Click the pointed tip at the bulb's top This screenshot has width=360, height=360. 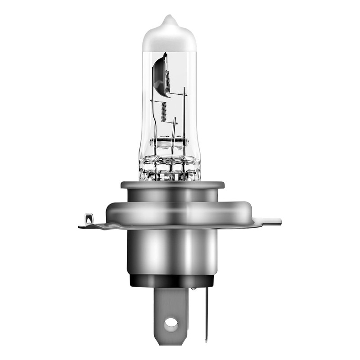[169, 18]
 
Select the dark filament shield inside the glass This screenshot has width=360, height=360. [160, 74]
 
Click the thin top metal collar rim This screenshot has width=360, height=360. [172, 185]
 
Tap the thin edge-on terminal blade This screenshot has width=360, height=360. [207, 310]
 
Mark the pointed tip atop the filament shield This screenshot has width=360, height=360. [165, 54]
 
